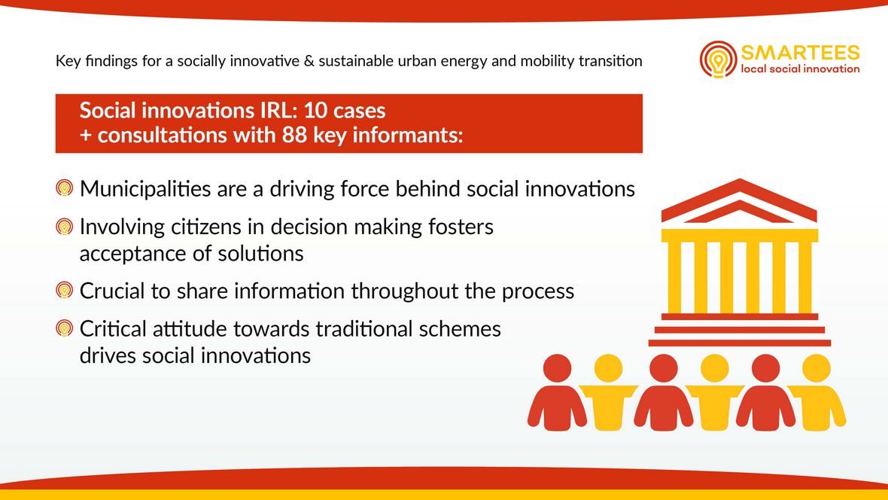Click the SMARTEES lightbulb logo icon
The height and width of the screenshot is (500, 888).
[718, 59]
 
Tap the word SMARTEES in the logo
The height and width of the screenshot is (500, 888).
[800, 53]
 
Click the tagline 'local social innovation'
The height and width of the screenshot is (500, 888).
[800, 69]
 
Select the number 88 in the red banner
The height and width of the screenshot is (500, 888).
[294, 135]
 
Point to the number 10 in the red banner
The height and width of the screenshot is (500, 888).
[315, 110]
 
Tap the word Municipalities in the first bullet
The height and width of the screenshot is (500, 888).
[145, 189]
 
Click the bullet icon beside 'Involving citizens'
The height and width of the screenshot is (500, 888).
[65, 227]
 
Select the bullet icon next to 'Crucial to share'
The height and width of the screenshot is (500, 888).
[65, 290]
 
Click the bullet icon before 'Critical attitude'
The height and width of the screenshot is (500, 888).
[65, 328]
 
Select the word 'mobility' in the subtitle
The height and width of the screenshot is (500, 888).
[546, 61]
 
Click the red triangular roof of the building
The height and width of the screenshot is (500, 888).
[739, 200]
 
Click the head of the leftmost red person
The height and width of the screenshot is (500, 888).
[558, 368]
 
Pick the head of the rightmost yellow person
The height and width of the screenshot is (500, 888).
[817, 368]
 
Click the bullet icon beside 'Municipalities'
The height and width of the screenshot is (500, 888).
[65, 187]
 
